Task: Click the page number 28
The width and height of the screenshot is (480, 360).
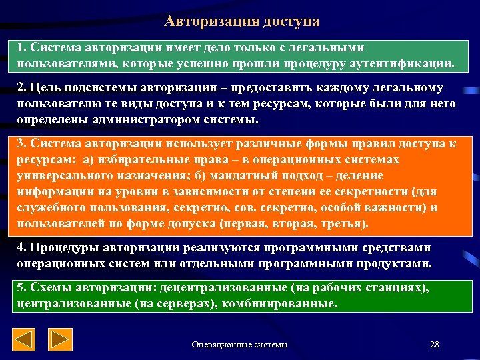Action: pos(435,345)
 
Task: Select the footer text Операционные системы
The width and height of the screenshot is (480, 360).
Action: pos(239,345)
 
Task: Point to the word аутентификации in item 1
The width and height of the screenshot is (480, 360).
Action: pos(407,64)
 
